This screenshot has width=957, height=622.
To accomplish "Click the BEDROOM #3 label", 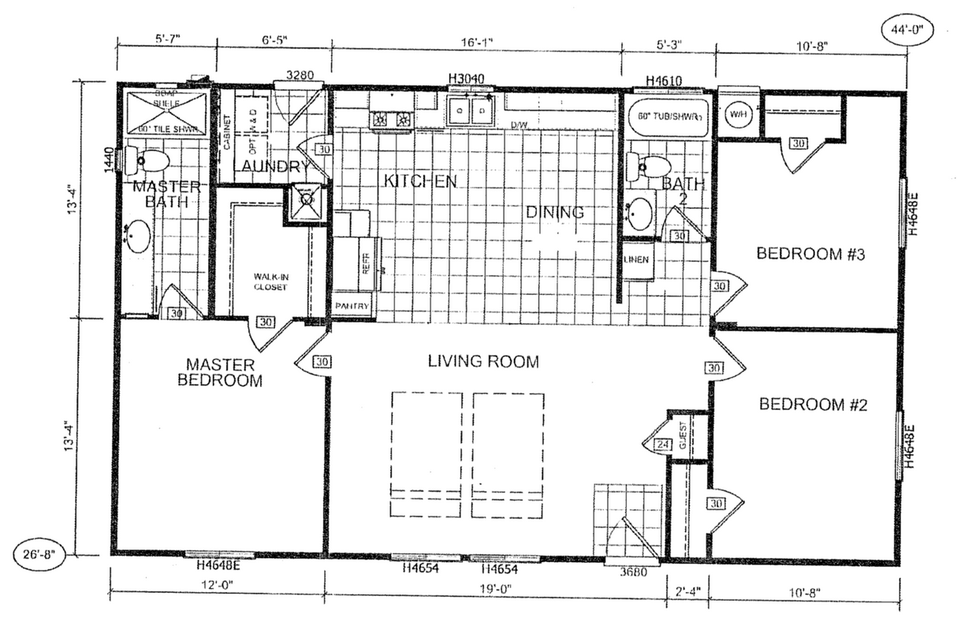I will (x=800, y=254).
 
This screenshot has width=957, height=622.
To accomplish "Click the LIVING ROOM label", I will (x=483, y=362).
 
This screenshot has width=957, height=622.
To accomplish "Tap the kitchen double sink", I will (x=470, y=112).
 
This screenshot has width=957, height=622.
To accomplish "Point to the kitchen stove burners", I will (x=392, y=119).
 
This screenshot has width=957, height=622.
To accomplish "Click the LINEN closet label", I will (x=636, y=259).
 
